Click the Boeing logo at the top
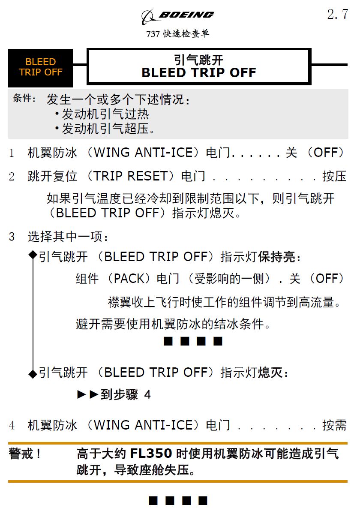pyautogui.click(x=177, y=16)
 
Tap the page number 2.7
pyautogui.click(x=337, y=15)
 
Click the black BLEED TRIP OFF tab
pyautogui.click(x=40, y=67)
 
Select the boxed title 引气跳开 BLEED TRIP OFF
pyautogui.click(x=199, y=66)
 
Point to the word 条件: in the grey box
pyautogui.click(x=24, y=99)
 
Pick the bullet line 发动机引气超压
pyautogui.click(x=108, y=129)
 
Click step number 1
pyautogui.click(x=12, y=153)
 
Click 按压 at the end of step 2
pyautogui.click(x=334, y=176)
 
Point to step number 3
pyautogui.click(x=12, y=236)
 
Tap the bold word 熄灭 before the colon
pyautogui.click(x=270, y=373)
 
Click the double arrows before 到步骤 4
pyautogui.click(x=88, y=395)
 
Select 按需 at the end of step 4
pyautogui.click(x=334, y=425)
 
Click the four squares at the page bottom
pyautogui.click(x=178, y=500)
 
